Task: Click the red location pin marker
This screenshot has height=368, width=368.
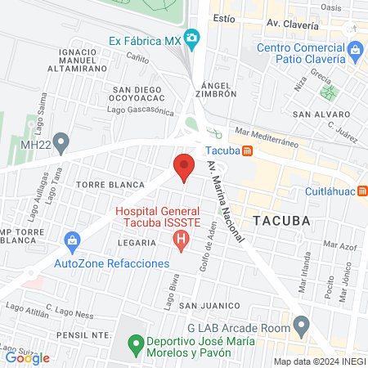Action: point(184,167)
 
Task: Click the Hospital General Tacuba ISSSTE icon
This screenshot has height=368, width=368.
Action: point(182,240)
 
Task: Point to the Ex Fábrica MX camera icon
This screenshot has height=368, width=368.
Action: point(192,38)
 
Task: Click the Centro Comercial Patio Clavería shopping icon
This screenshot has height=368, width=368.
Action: point(356,52)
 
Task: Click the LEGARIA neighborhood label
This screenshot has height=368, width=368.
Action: point(136,243)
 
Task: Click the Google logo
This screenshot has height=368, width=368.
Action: point(27,357)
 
